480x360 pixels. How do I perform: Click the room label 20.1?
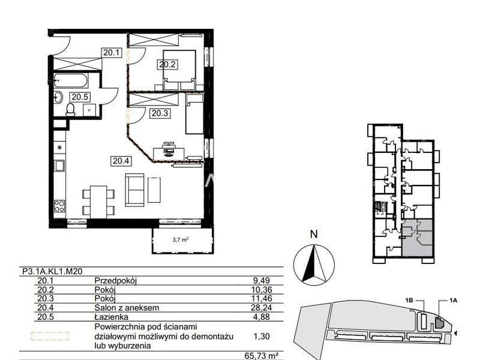click(x=111, y=53)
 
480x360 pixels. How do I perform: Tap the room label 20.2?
click(x=167, y=64)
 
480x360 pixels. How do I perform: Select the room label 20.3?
click(x=160, y=113)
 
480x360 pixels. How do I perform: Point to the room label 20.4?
click(x=121, y=161)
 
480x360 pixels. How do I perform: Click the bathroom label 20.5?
click(x=80, y=97)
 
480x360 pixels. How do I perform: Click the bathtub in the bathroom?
click(x=71, y=80)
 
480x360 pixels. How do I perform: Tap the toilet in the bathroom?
click(x=70, y=110)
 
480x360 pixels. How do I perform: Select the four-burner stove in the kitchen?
click(x=59, y=206)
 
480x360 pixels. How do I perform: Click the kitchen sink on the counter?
click(x=59, y=166)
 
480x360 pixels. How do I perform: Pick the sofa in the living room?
click(x=135, y=190)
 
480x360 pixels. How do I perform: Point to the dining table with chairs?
click(x=98, y=202)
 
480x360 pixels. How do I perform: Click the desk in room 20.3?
click(x=169, y=152)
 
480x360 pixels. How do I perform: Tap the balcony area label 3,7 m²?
click(x=181, y=239)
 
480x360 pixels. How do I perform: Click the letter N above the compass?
click(x=314, y=234)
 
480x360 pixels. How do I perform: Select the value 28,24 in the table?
click(x=261, y=307)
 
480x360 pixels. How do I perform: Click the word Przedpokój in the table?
click(x=115, y=281)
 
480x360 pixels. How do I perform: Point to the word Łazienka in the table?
click(x=112, y=317)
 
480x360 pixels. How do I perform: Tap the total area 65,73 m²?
click(x=262, y=356)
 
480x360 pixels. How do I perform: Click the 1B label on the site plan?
click(x=409, y=301)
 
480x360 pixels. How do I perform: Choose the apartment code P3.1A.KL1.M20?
click(x=52, y=271)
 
